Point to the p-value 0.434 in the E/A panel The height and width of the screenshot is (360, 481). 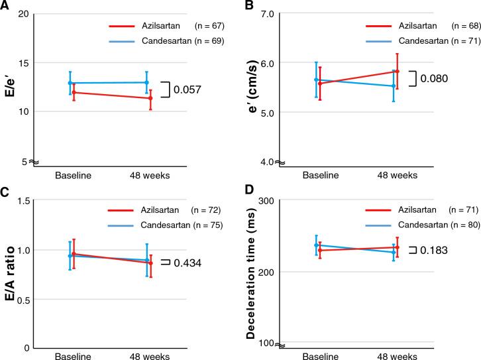pyautogui.click(x=187, y=263)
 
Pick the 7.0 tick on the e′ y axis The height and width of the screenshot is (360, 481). pyautogui.click(x=270, y=13)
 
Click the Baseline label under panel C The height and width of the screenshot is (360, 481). pyautogui.click(x=73, y=355)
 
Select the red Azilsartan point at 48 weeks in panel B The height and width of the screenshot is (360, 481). pyautogui.click(x=397, y=72)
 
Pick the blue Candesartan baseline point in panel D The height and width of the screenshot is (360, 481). pyautogui.click(x=316, y=245)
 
